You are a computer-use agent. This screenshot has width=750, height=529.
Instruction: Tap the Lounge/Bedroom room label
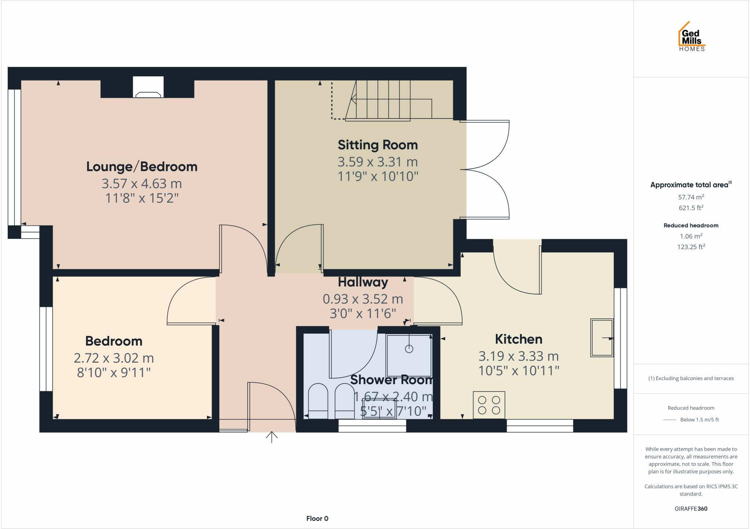point(142,167)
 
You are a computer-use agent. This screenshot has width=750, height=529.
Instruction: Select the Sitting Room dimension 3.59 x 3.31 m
point(378,162)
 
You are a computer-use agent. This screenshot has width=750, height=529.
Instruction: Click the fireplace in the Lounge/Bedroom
point(148,88)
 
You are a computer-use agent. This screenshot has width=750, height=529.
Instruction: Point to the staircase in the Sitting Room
point(388,101)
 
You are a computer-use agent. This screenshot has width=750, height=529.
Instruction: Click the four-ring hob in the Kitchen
point(489,405)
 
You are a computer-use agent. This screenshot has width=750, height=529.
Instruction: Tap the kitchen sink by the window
point(601,338)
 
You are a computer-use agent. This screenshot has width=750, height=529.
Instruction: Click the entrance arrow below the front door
point(271,437)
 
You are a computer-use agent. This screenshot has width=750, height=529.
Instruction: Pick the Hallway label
point(363,282)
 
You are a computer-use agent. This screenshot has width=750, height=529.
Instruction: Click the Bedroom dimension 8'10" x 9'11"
point(114,373)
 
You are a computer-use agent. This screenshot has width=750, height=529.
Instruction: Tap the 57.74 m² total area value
point(691,197)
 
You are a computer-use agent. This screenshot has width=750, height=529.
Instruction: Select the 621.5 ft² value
point(691,208)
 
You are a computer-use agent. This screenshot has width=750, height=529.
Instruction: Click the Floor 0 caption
point(317,518)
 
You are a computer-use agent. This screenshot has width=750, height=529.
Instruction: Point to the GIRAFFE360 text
point(691,509)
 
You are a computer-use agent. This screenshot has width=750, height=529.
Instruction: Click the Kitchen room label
point(518,339)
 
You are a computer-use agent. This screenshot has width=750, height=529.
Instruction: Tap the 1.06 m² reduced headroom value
point(691,236)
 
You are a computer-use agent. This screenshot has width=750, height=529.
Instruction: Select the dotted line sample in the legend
point(669,420)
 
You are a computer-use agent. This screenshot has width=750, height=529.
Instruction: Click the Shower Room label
point(391,380)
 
